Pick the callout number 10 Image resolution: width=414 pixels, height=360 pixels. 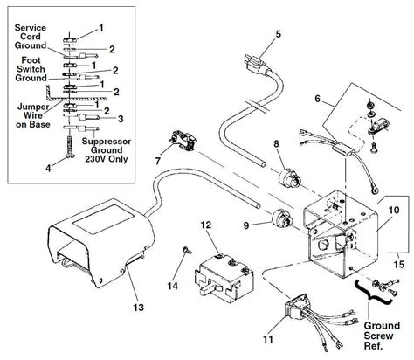tap(392, 211)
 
